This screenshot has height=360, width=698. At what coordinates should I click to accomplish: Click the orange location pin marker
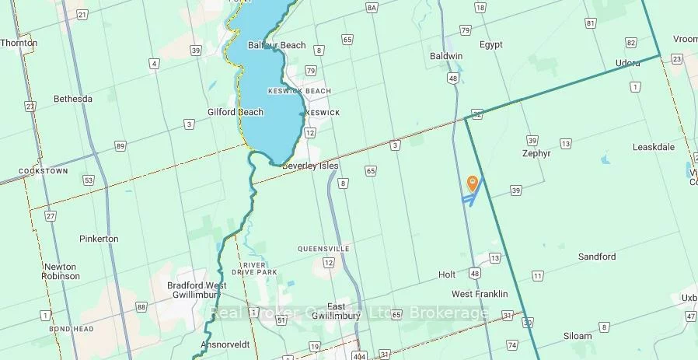coord(473,183)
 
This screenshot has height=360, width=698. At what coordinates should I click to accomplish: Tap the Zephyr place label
coord(536,154)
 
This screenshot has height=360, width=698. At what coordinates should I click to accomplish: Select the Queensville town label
coord(323,249)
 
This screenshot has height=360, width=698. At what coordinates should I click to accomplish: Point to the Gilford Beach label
coord(235,112)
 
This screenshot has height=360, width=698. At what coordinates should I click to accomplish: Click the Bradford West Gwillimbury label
coord(197,290)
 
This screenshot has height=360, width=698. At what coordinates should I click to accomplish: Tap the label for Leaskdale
coord(654,147)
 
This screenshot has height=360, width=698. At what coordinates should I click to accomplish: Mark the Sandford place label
coord(597,257)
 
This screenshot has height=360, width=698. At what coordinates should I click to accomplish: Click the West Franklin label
coord(480,294)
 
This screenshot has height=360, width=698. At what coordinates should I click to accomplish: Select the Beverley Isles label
coord(309,166)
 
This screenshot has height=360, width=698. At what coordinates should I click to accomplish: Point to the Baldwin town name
coord(446,56)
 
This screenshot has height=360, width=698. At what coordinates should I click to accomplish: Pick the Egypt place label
coord(491,45)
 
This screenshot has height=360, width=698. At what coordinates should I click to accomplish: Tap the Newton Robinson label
coord(61,271)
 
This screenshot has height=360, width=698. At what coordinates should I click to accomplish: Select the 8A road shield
coord(372,8)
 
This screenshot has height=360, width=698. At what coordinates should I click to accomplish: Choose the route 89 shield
coord(120,146)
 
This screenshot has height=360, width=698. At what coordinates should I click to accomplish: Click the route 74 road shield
coord(511,344)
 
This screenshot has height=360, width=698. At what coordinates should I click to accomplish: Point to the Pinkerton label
coord(99,239)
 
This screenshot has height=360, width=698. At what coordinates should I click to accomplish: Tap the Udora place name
coord(627,63)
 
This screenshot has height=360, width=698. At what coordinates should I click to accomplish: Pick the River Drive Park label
coord(260,269)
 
